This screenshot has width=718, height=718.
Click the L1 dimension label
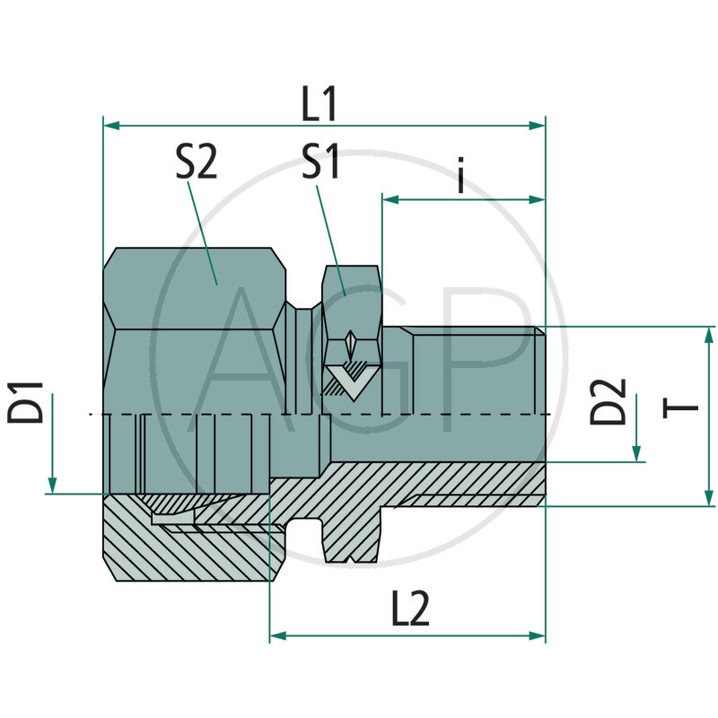click(x=318, y=107)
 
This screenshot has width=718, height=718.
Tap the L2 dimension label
click(x=410, y=611)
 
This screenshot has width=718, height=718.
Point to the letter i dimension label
click(x=460, y=176)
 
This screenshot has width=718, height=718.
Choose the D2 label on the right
click(x=608, y=401)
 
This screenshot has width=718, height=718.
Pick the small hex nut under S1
click(x=351, y=296)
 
